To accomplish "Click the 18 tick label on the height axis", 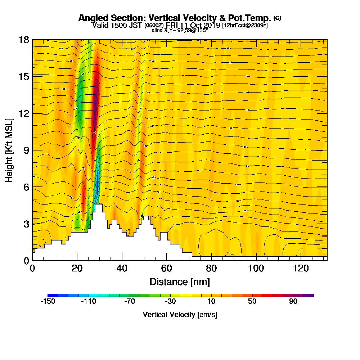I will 24,40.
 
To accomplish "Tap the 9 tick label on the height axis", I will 26,150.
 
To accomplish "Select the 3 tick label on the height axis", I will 26,224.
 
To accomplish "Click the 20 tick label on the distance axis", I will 77,268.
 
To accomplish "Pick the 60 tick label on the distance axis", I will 167,268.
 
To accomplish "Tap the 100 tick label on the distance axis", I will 256,268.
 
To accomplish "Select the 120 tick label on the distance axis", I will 301,268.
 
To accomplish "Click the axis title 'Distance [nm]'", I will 180,281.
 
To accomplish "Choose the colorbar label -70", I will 130,301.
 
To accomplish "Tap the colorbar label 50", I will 252,301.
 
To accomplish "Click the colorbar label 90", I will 293,301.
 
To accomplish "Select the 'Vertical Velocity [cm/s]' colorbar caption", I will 180,315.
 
